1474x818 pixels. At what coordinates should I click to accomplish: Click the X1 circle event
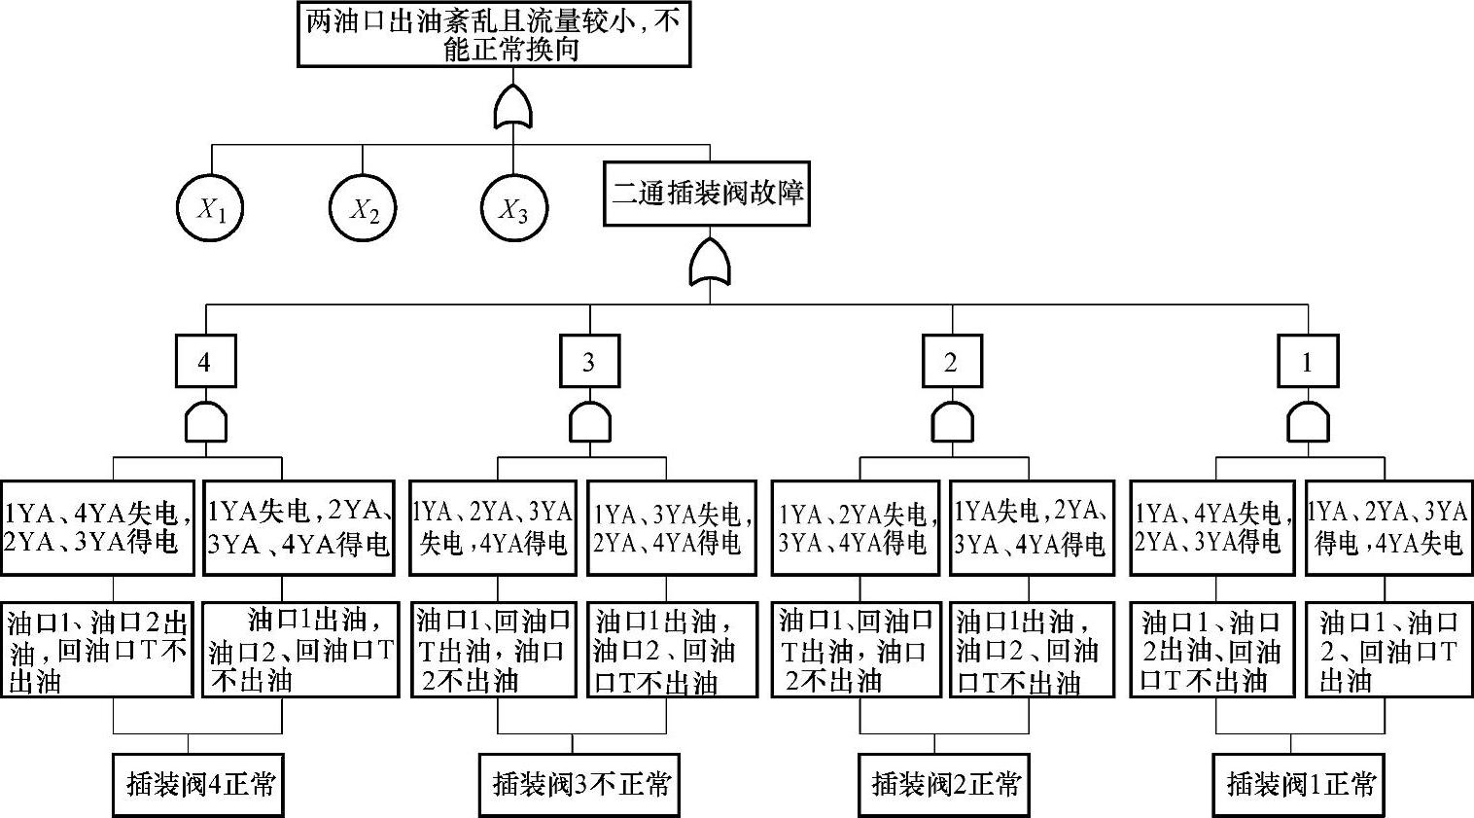click(x=210, y=208)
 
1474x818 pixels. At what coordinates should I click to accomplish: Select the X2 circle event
click(x=363, y=208)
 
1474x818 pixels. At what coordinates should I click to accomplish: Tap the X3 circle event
click(x=514, y=208)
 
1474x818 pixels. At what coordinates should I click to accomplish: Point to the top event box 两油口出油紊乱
click(x=494, y=35)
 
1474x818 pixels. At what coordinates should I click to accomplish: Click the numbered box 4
click(x=204, y=362)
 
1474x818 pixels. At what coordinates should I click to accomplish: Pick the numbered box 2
click(x=952, y=362)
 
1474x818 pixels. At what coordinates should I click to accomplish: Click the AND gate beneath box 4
click(x=205, y=423)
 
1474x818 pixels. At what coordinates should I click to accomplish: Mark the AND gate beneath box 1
click(x=1308, y=423)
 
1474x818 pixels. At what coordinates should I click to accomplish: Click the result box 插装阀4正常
click(x=198, y=784)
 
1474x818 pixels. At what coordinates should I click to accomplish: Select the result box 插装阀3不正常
click(x=579, y=784)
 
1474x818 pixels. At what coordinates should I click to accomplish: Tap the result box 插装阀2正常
click(x=945, y=784)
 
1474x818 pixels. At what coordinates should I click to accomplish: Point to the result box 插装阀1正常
click(x=1300, y=784)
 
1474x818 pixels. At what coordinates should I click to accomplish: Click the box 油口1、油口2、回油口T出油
click(x=1386, y=650)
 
